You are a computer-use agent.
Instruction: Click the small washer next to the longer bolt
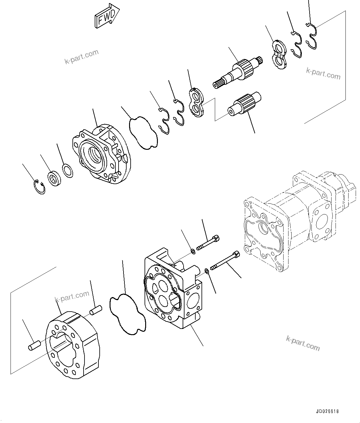(207, 271)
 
